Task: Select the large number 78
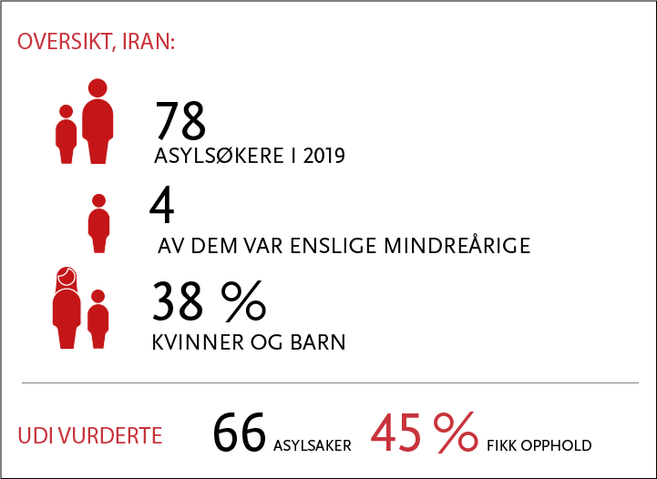180,120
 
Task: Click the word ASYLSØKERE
219,157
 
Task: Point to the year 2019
323,157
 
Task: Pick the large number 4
161,205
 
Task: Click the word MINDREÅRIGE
457,245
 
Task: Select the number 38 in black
178,301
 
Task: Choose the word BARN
318,342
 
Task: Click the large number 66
240,433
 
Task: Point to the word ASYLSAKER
313,445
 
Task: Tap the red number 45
396,433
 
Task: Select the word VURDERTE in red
110,436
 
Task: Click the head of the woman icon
67,276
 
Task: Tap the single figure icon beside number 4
99,223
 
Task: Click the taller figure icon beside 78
98,121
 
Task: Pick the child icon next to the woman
98,319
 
